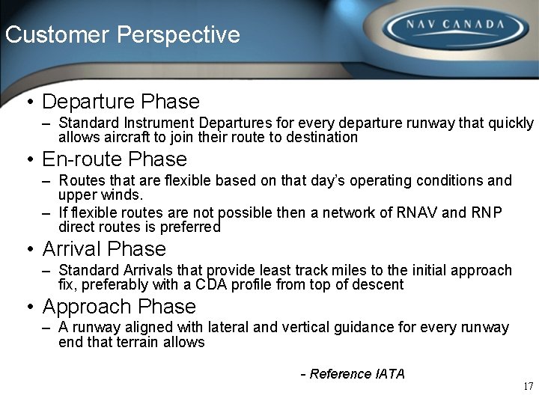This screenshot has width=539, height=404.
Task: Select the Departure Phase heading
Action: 121,102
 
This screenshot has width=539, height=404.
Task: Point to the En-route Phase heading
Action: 115,159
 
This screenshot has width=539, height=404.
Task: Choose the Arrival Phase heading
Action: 104,248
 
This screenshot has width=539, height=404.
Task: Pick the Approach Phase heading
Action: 119,307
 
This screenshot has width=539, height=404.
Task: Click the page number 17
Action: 528,387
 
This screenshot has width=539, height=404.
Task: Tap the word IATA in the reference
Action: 389,374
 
